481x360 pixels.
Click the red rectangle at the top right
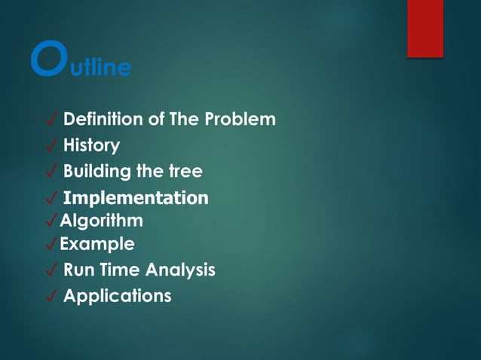pyautogui.click(x=425, y=28)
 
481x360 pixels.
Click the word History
pyautogui.click(x=91, y=145)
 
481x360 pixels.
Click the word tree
pyautogui.click(x=185, y=172)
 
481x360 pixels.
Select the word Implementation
pyautogui.click(x=136, y=198)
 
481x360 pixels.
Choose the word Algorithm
pyautogui.click(x=101, y=221)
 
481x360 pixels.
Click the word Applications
pyautogui.click(x=117, y=296)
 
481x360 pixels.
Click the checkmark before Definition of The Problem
pyautogui.click(x=51, y=121)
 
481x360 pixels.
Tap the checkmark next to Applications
pyautogui.click(x=51, y=297)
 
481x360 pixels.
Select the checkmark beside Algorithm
pyautogui.click(x=51, y=222)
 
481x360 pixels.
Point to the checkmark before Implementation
pyautogui.click(x=51, y=199)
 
